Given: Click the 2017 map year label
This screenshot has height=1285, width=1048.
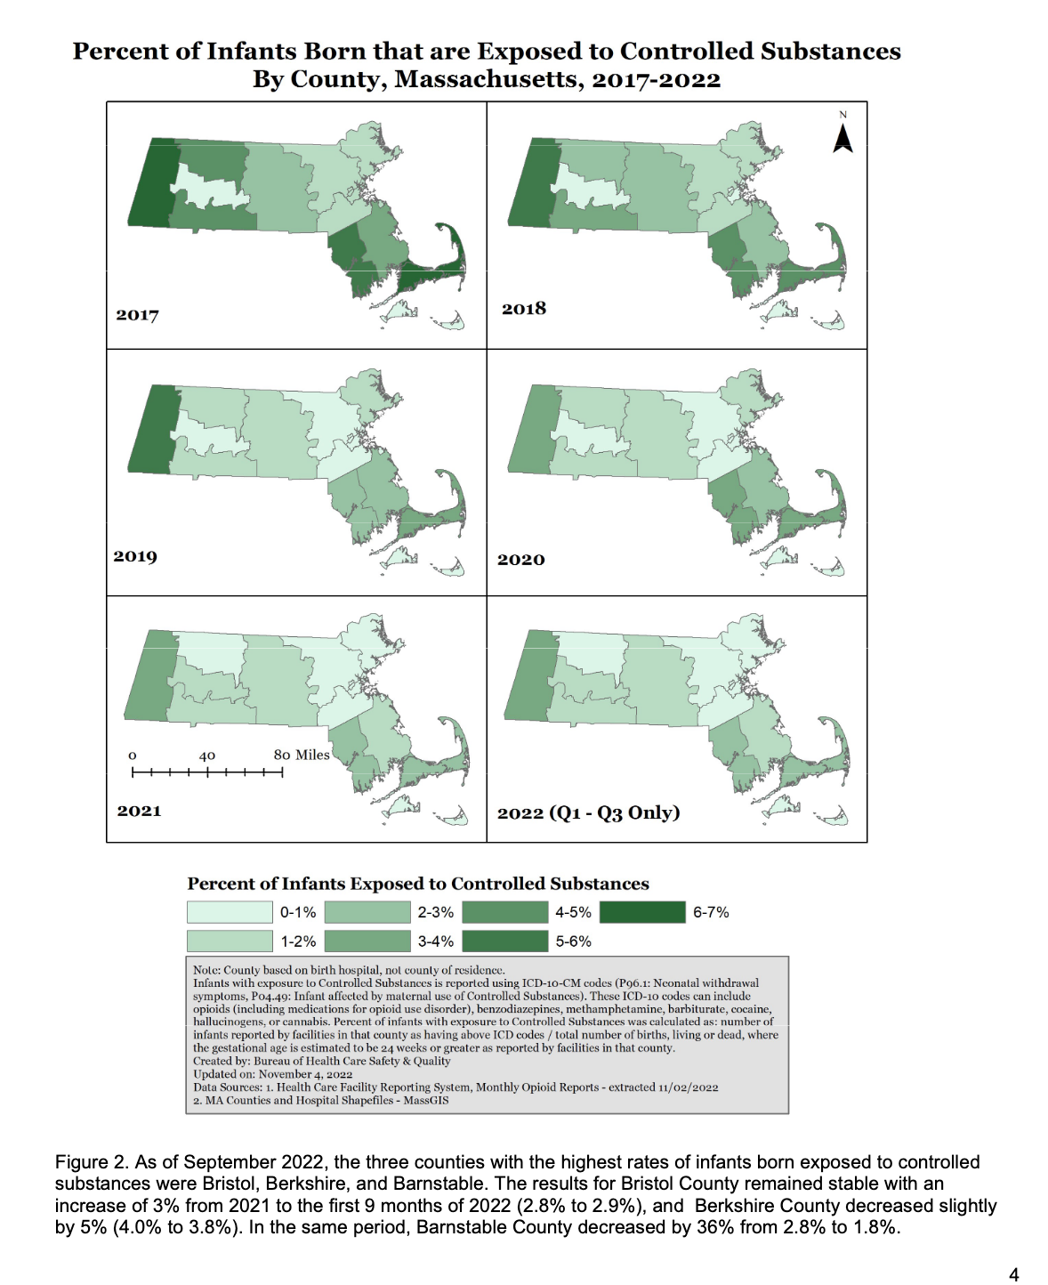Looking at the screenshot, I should (x=137, y=315).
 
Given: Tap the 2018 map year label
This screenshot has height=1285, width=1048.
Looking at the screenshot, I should (x=523, y=309).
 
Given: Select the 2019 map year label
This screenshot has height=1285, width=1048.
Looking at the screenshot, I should (x=135, y=556).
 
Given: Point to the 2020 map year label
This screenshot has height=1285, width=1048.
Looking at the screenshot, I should (x=520, y=560).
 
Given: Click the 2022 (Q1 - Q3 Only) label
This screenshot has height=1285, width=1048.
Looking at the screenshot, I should (x=588, y=812).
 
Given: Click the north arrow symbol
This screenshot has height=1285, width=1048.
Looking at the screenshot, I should (x=842, y=138).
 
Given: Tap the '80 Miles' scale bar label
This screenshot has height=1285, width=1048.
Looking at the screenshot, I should (x=302, y=755).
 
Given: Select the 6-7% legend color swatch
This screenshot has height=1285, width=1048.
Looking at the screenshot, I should (x=641, y=912).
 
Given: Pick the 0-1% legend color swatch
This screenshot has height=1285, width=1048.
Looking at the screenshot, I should (x=230, y=912).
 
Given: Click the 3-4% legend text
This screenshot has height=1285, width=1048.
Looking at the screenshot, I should (x=435, y=942).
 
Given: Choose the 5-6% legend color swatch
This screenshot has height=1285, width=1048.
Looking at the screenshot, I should (x=504, y=942).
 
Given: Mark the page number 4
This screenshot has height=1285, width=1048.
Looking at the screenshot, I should (x=1013, y=1274).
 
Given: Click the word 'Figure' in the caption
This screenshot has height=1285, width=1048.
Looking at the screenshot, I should (x=80, y=1162).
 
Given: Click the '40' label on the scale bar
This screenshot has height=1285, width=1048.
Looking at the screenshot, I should (x=207, y=756).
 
